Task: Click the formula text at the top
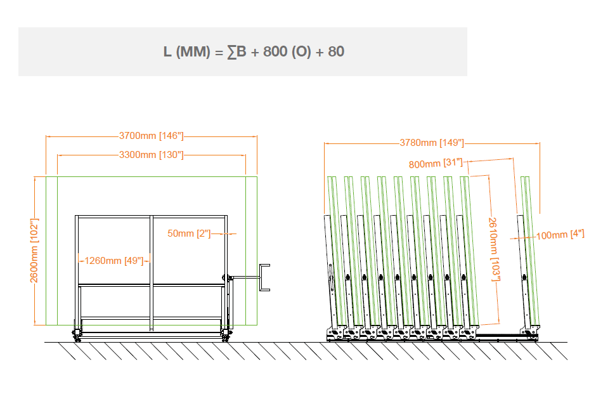[x=254, y=51]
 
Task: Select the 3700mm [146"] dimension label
[x=151, y=135]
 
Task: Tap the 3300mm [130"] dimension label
[x=151, y=155]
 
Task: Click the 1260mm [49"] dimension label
[x=114, y=260]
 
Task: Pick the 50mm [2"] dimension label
[x=189, y=233]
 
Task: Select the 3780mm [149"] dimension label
[x=432, y=143]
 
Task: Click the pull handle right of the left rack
[x=265, y=277]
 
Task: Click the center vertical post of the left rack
[x=151, y=273]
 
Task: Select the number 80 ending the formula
[x=336, y=51]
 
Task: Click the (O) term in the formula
[x=301, y=51]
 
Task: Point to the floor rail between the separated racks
[x=498, y=334]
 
